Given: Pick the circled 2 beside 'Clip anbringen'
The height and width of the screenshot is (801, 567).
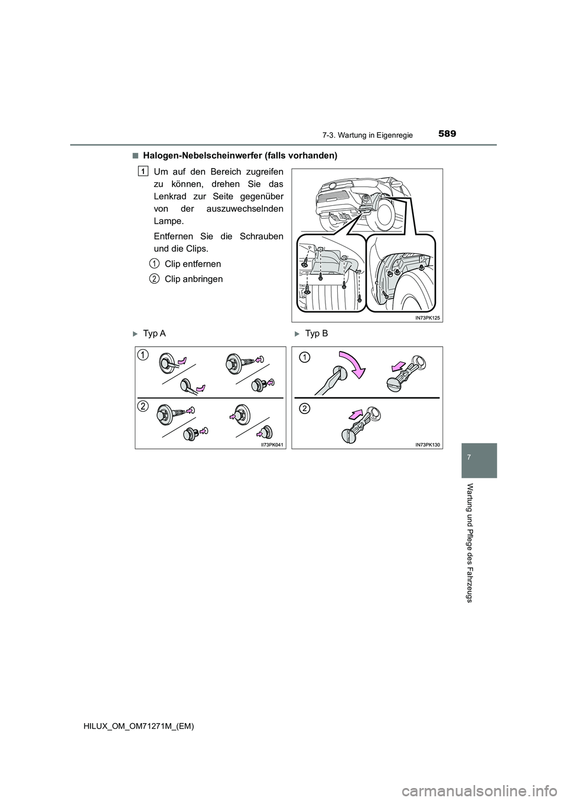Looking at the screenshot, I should pyautogui.click(x=154, y=278).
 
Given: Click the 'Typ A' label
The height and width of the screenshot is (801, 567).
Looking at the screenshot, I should pyautogui.click(x=154, y=334).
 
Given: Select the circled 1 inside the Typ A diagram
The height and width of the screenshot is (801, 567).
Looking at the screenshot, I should pyautogui.click(x=144, y=354).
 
